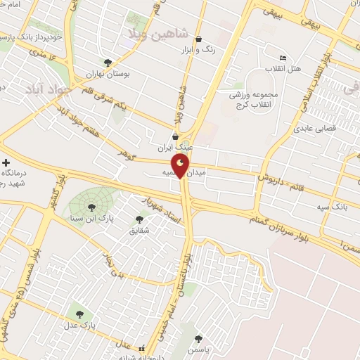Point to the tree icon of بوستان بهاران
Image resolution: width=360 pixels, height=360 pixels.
108,63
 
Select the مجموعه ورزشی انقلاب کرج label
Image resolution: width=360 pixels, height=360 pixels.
257,99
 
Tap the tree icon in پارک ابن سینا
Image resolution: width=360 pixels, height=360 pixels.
91,207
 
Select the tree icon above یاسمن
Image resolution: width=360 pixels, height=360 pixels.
200,338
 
